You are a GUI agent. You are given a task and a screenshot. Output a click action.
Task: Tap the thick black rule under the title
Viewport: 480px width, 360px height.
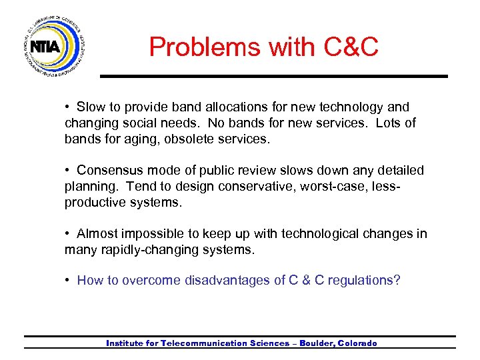coord(273,76)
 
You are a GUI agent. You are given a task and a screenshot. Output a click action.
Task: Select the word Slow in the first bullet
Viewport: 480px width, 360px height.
coord(91,107)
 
